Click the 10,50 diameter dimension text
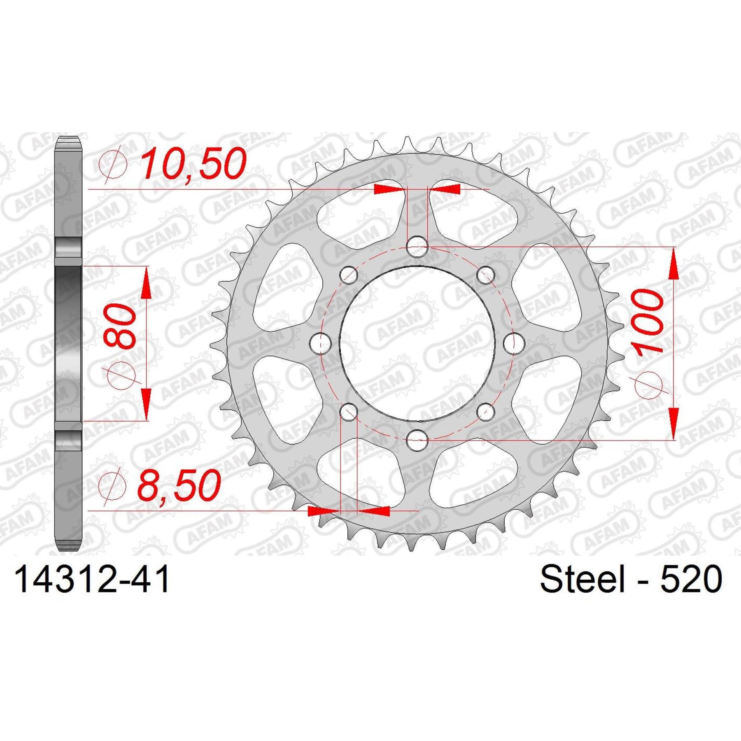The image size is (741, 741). point(193,164)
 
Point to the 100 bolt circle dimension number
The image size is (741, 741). point(649,321)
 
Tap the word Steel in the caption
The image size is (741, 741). point(582,579)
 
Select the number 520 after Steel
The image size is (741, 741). point(691,579)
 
